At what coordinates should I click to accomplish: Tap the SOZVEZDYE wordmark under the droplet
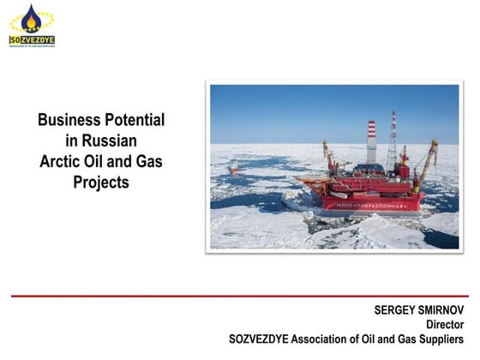(31, 39)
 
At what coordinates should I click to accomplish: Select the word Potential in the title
(135, 120)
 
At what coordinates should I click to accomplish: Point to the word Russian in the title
(112, 141)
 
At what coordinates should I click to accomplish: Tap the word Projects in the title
(101, 182)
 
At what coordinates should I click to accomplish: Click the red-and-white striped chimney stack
(371, 137)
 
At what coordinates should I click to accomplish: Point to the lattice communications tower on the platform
(393, 141)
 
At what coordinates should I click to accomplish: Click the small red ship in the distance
(234, 169)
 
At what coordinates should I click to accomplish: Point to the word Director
(447, 324)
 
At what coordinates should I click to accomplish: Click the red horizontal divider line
(240, 295)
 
